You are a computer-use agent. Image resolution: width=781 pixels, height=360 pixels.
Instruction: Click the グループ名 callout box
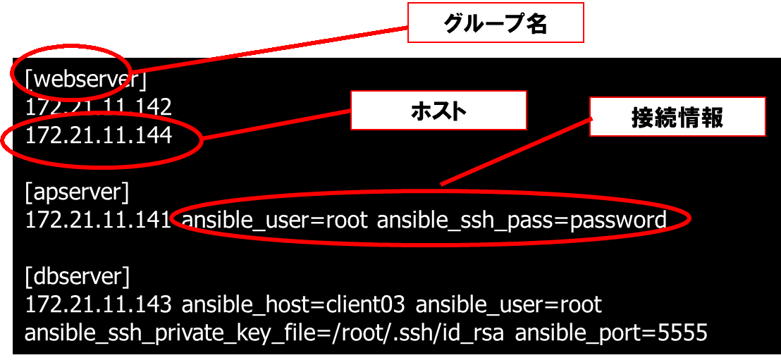(x=496, y=23)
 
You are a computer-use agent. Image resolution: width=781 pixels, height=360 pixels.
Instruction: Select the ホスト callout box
(x=438, y=111)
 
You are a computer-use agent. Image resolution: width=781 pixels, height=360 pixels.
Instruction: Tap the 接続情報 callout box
(x=677, y=116)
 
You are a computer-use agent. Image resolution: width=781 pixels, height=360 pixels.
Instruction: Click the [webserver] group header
(x=85, y=80)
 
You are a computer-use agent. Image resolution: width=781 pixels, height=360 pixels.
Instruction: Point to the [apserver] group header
(x=78, y=192)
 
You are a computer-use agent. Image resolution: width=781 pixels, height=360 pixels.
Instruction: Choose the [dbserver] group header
(x=78, y=275)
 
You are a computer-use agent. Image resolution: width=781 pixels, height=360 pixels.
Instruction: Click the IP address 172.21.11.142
(x=99, y=107)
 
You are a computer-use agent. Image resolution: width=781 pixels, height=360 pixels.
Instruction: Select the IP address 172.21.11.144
(x=99, y=135)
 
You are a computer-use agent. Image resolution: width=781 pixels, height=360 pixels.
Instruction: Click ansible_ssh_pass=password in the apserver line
(x=522, y=220)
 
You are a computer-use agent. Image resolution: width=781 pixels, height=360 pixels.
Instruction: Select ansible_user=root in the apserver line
(x=275, y=220)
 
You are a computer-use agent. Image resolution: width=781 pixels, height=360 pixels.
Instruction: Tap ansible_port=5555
(x=611, y=333)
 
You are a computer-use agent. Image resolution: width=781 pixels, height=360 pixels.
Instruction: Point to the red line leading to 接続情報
(x=515, y=151)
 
